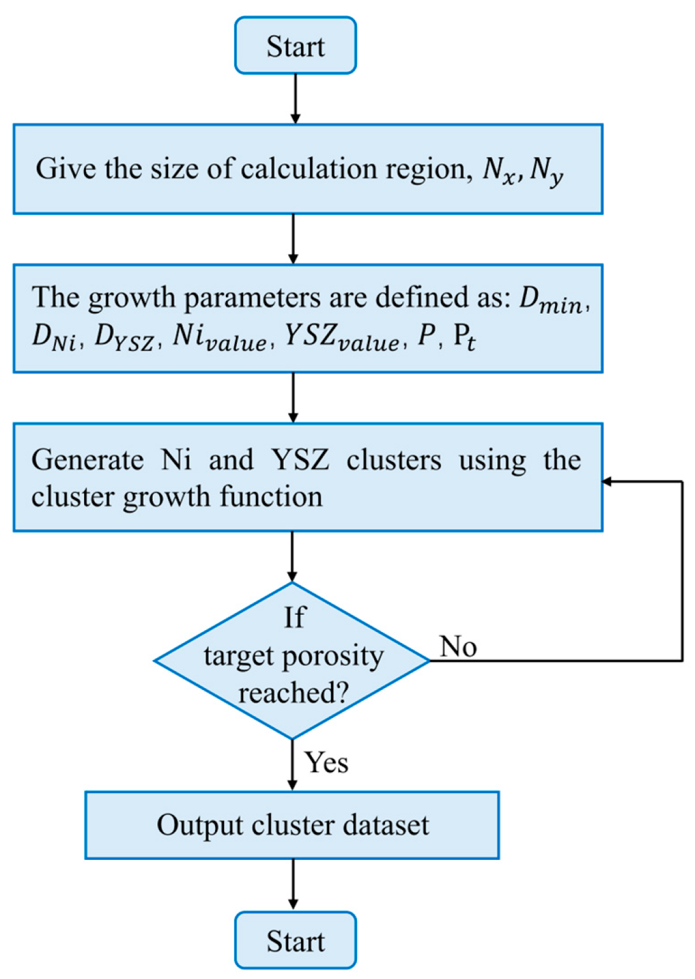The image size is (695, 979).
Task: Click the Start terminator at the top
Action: click(x=295, y=45)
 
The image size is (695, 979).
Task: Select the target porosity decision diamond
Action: click(x=292, y=660)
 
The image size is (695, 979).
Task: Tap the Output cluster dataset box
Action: click(x=292, y=825)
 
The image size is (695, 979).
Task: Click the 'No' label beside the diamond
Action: click(x=458, y=646)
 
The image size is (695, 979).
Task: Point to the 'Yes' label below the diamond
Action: click(x=326, y=762)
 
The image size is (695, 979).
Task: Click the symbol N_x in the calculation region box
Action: click(x=500, y=171)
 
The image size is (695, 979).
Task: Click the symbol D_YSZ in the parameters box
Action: click(x=125, y=339)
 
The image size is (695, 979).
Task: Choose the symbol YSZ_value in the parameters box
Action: click(x=342, y=339)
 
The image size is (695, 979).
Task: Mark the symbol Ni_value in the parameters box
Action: click(x=220, y=339)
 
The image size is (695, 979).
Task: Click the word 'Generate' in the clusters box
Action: click(x=87, y=460)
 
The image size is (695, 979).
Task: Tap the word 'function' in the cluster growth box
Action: click(x=271, y=497)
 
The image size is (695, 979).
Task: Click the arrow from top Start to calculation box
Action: click(x=295, y=99)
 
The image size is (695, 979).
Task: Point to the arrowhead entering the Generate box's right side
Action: click(x=607, y=482)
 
